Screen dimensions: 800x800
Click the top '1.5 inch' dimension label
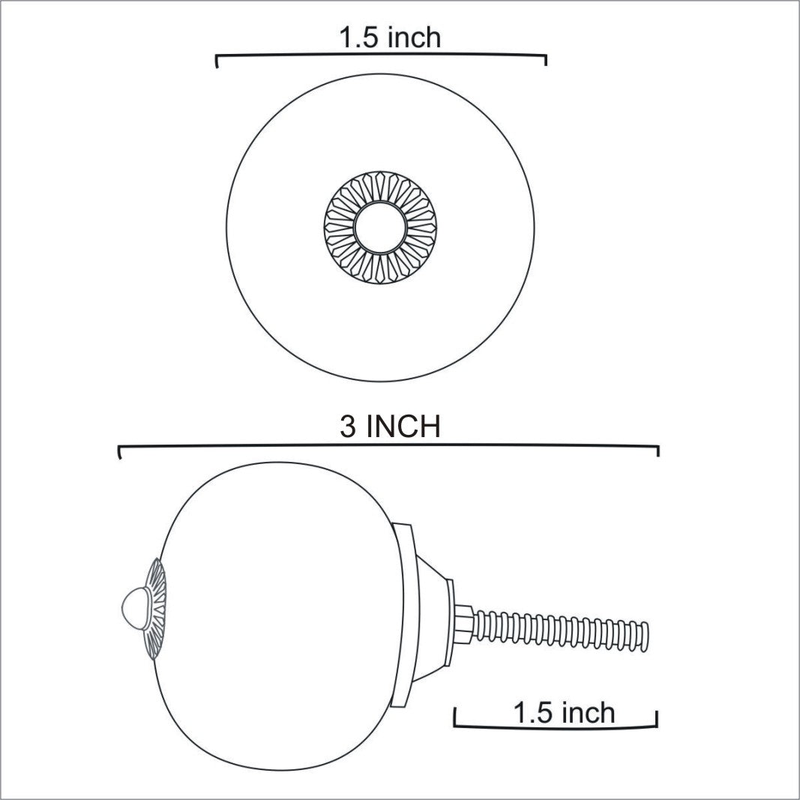pos(390,37)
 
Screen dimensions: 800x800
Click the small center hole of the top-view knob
pos(380,227)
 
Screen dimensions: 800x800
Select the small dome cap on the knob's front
pos(133,607)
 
